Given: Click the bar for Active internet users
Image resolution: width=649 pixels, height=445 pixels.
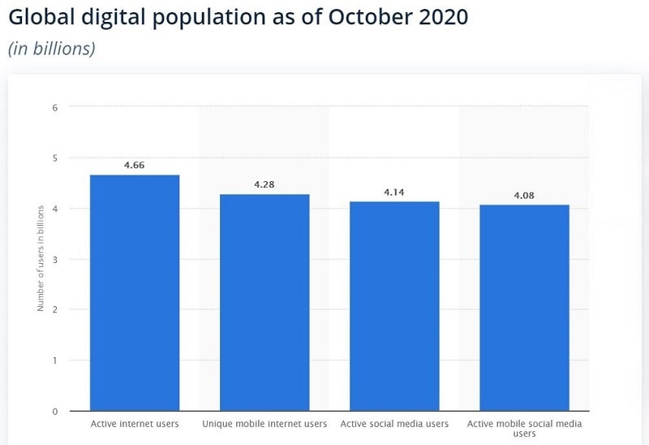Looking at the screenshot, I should tap(135, 292).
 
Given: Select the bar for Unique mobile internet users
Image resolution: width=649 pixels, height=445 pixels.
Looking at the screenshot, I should tap(264, 302).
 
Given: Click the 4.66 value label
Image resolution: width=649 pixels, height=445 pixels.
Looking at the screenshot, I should tap(135, 166).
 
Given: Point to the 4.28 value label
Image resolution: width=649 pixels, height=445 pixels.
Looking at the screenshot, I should tap(264, 185).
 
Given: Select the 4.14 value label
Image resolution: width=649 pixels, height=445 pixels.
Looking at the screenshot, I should tap(394, 192).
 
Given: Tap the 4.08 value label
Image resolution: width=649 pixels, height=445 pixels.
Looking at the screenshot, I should tap(524, 196).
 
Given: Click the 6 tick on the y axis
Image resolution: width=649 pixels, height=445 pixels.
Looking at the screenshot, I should tap(54, 107).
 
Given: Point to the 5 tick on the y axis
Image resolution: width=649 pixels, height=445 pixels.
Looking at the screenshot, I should tap(54, 158).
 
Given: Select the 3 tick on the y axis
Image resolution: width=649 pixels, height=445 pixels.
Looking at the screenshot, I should tap(54, 259).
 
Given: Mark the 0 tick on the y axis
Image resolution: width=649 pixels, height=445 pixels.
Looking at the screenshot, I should tap(54, 411).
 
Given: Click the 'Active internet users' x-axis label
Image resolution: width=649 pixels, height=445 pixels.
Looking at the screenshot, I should tap(135, 424).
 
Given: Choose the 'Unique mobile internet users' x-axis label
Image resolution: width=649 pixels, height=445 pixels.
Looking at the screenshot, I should tap(264, 424).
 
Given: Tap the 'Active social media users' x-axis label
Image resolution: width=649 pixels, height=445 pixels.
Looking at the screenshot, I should tap(394, 424).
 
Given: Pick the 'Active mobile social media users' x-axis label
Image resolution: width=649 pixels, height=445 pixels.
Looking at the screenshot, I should tap(524, 429).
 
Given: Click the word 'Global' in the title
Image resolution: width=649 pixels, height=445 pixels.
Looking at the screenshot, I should tap(41, 17).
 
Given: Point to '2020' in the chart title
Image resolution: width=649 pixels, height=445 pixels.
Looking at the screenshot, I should tap(440, 17).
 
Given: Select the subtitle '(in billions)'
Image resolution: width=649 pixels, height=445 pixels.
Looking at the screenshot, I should tap(52, 49).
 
